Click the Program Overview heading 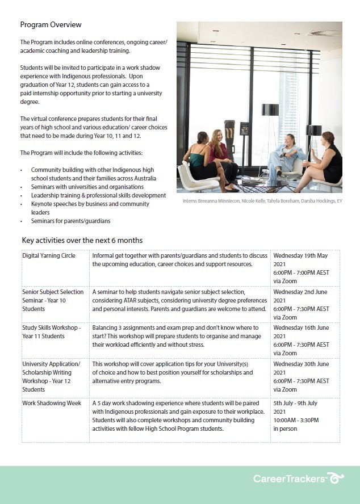click(x=51, y=25)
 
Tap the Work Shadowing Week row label click(x=51, y=404)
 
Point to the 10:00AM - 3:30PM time click(x=296, y=421)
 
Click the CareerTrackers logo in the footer click(x=299, y=479)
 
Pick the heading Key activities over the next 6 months click(x=82, y=240)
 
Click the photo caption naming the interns click(x=262, y=201)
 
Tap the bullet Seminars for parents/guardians click(x=70, y=221)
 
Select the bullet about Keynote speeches click(x=85, y=208)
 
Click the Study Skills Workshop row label click(x=51, y=332)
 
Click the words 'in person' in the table click(x=285, y=429)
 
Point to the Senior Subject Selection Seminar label click(x=52, y=300)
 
